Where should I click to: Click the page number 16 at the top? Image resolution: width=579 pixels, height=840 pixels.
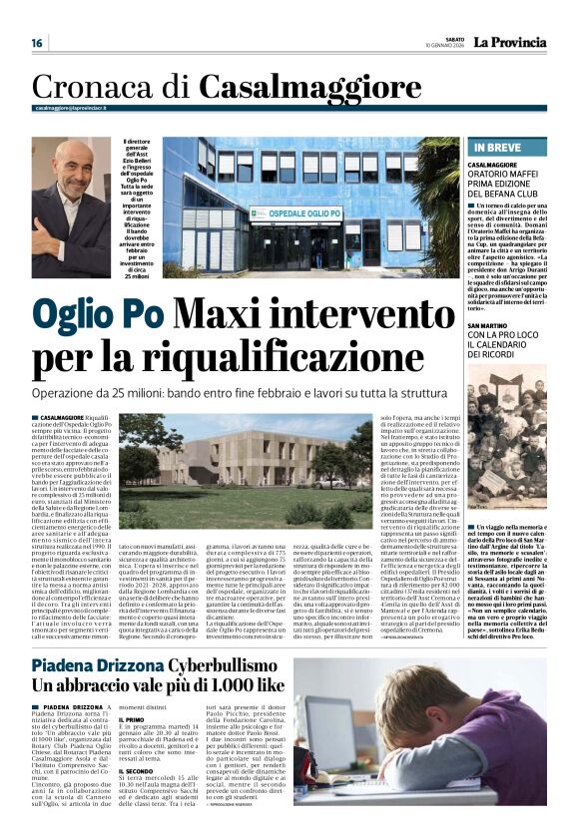point(36,43)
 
